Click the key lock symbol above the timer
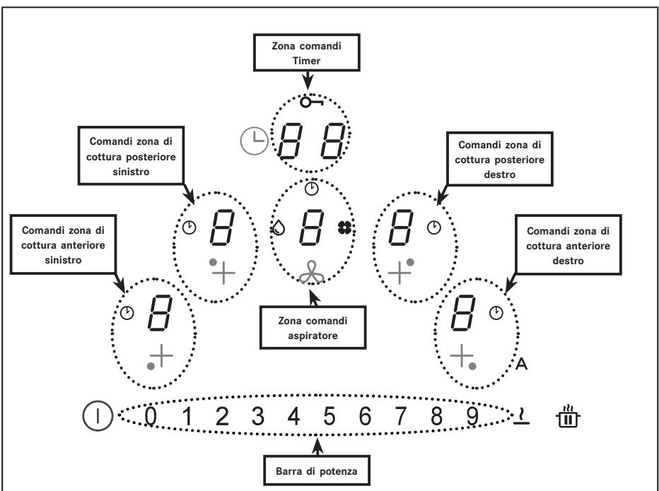tap(311, 102)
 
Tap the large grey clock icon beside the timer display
tap(255, 141)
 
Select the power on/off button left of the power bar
tap(98, 416)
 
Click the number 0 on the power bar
tap(151, 416)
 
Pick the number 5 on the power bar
tap(329, 416)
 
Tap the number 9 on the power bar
tap(472, 416)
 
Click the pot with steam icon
tap(568, 416)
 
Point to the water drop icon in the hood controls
tap(278, 228)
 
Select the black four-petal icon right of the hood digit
tap(344, 227)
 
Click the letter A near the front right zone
tap(521, 363)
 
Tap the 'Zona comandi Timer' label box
tap(307, 52)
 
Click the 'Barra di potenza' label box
tap(317, 471)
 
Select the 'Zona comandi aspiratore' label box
tap(313, 328)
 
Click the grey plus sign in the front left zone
tap(161, 356)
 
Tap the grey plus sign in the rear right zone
tap(399, 273)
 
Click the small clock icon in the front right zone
tap(496, 313)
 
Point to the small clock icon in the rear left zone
tap(189, 227)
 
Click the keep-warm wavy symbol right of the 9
tap(522, 416)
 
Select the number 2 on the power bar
tap(222, 416)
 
